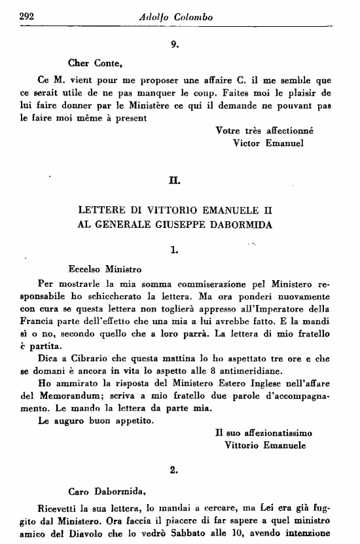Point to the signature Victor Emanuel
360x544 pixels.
click(x=268, y=143)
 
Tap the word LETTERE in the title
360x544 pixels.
click(x=102, y=211)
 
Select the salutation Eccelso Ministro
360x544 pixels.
click(x=105, y=268)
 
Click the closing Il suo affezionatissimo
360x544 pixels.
click(x=264, y=433)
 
